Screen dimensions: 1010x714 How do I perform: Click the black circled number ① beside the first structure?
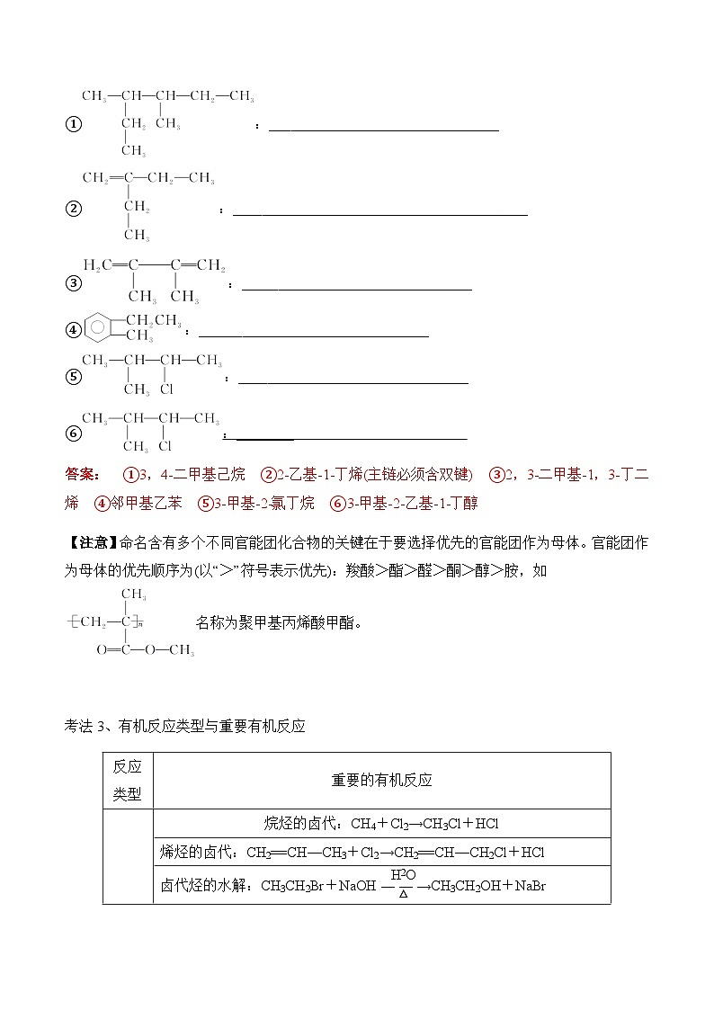tap(74, 124)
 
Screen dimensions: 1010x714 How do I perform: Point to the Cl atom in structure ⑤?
tap(166, 389)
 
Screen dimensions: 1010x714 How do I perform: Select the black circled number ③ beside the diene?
tap(74, 284)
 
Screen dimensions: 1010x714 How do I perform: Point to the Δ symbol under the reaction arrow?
tap(404, 894)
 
